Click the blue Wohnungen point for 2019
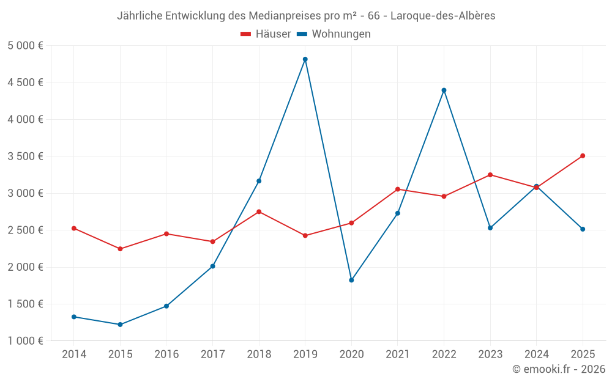[x=305, y=59]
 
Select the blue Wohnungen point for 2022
[x=444, y=90]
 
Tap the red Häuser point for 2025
[x=583, y=156]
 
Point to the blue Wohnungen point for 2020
[x=351, y=280]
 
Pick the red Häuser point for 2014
[x=73, y=229]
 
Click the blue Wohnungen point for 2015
[x=120, y=325]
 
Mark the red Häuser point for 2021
[x=398, y=189]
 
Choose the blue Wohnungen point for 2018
[x=259, y=181]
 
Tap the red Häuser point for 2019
[x=305, y=235]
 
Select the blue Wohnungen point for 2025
[x=583, y=229]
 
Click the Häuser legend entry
[x=266, y=34]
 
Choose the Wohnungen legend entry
[x=334, y=34]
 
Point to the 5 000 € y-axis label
[x=25, y=46]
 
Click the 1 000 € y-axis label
[x=25, y=341]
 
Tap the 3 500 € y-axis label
[x=25, y=156]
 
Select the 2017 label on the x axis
[x=212, y=354]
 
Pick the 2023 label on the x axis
[x=490, y=354]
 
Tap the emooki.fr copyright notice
[x=559, y=369]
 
